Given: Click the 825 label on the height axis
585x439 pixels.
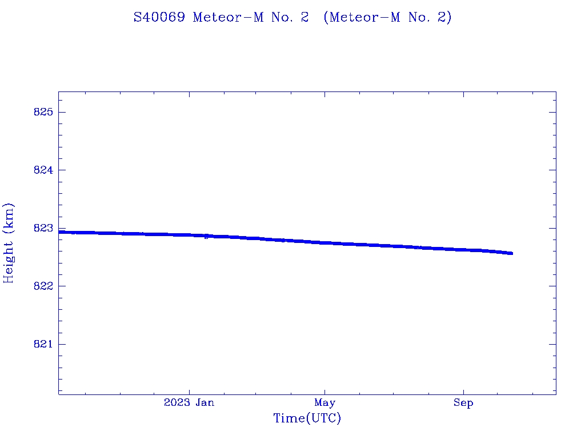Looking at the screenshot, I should pos(43,112).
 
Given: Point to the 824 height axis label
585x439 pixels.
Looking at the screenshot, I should pos(43,170).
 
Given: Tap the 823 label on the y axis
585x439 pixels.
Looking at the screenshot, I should pos(43,228).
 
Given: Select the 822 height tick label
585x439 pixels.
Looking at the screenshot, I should pos(43,286).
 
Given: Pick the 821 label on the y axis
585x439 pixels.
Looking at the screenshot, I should pos(43,344).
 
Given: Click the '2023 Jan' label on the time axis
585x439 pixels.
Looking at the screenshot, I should pos(189,403).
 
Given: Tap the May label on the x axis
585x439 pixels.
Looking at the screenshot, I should pos(324,403).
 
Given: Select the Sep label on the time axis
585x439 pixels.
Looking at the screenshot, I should pos(463,403).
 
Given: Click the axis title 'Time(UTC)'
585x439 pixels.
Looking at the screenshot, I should pos(307,418).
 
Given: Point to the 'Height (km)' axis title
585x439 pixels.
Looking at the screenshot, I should pos(9,243).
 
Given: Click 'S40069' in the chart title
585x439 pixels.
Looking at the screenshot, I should pos(159,18).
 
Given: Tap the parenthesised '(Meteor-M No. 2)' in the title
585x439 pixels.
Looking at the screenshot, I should pos(387,18).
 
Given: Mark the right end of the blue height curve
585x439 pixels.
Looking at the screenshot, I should pos(512,253).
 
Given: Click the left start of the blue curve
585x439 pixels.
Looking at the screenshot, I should pos(59,232).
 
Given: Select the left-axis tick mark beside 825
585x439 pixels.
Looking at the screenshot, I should pos(62,112).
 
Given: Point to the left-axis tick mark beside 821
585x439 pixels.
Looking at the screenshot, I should pos(62,344).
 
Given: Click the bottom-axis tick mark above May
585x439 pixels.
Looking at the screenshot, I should pos(324,391).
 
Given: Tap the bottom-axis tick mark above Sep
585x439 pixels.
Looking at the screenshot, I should pos(463,391).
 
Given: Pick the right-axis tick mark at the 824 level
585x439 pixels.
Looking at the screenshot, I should pos(552,170).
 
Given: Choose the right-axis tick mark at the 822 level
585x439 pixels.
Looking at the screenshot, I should pos(552,286).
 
